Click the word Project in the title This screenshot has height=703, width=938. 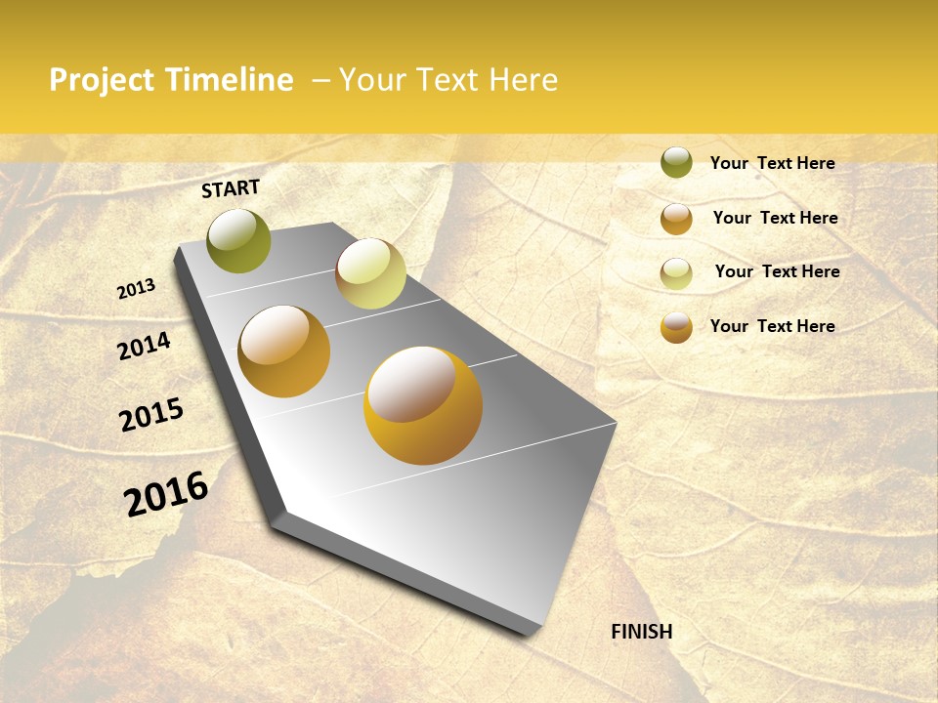[x=102, y=80]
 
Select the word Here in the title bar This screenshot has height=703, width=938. [x=523, y=80]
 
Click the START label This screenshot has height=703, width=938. [x=231, y=188]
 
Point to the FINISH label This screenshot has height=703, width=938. [x=641, y=632]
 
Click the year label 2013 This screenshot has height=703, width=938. [x=136, y=289]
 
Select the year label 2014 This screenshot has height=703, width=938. [x=144, y=347]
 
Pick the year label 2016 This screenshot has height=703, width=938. [x=166, y=494]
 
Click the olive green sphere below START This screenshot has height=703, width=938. [x=239, y=241]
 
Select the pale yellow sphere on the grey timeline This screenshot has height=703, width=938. [x=370, y=273]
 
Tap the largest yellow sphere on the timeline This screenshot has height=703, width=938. [x=423, y=405]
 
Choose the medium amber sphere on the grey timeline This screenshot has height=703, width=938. [x=284, y=351]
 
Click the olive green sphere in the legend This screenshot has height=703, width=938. [x=676, y=162]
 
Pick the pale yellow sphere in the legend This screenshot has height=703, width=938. [x=676, y=272]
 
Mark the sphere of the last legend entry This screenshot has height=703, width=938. [x=676, y=327]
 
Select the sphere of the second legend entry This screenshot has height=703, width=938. [x=676, y=218]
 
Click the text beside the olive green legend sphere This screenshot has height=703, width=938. [x=772, y=163]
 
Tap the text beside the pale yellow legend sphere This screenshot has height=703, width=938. [x=777, y=271]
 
